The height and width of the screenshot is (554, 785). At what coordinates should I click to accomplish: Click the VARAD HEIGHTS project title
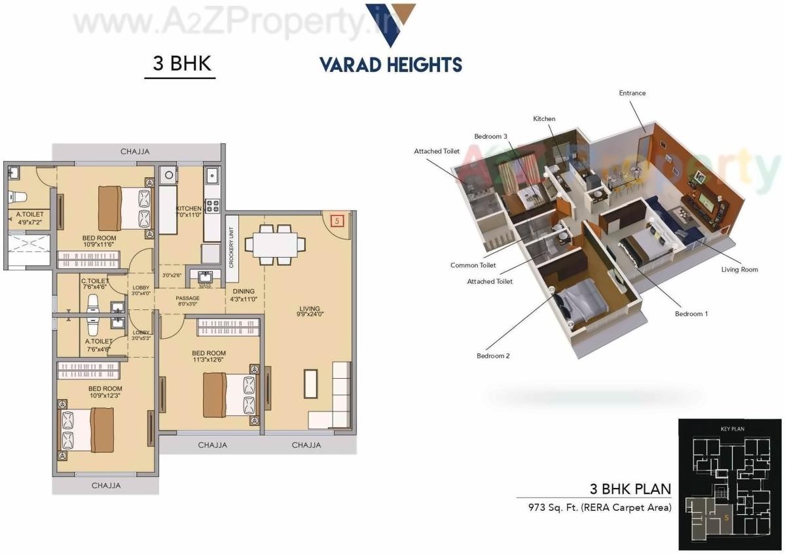click(390, 65)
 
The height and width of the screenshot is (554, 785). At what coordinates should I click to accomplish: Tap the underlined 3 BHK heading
click(180, 63)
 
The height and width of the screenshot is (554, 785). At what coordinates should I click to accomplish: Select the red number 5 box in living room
click(337, 220)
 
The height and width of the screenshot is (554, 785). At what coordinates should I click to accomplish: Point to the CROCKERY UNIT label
click(231, 247)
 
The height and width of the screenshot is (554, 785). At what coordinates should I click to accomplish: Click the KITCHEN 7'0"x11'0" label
click(188, 211)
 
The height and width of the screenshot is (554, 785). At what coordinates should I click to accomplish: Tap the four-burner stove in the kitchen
click(213, 206)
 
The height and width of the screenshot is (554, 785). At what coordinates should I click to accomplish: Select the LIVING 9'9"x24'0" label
click(310, 312)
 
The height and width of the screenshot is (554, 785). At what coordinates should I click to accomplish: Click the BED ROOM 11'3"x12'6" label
click(209, 356)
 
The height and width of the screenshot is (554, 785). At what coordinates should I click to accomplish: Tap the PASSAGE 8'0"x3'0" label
click(187, 302)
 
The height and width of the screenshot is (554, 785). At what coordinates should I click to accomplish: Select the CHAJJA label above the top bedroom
click(135, 152)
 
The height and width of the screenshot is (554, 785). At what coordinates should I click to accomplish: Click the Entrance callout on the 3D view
click(632, 93)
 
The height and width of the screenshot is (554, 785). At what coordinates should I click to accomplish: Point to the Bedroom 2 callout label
click(493, 356)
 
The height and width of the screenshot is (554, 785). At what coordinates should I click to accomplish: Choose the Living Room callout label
click(739, 269)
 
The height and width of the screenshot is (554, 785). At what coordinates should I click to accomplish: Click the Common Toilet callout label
click(473, 266)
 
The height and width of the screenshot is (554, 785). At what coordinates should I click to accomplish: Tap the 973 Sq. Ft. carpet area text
click(594, 507)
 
